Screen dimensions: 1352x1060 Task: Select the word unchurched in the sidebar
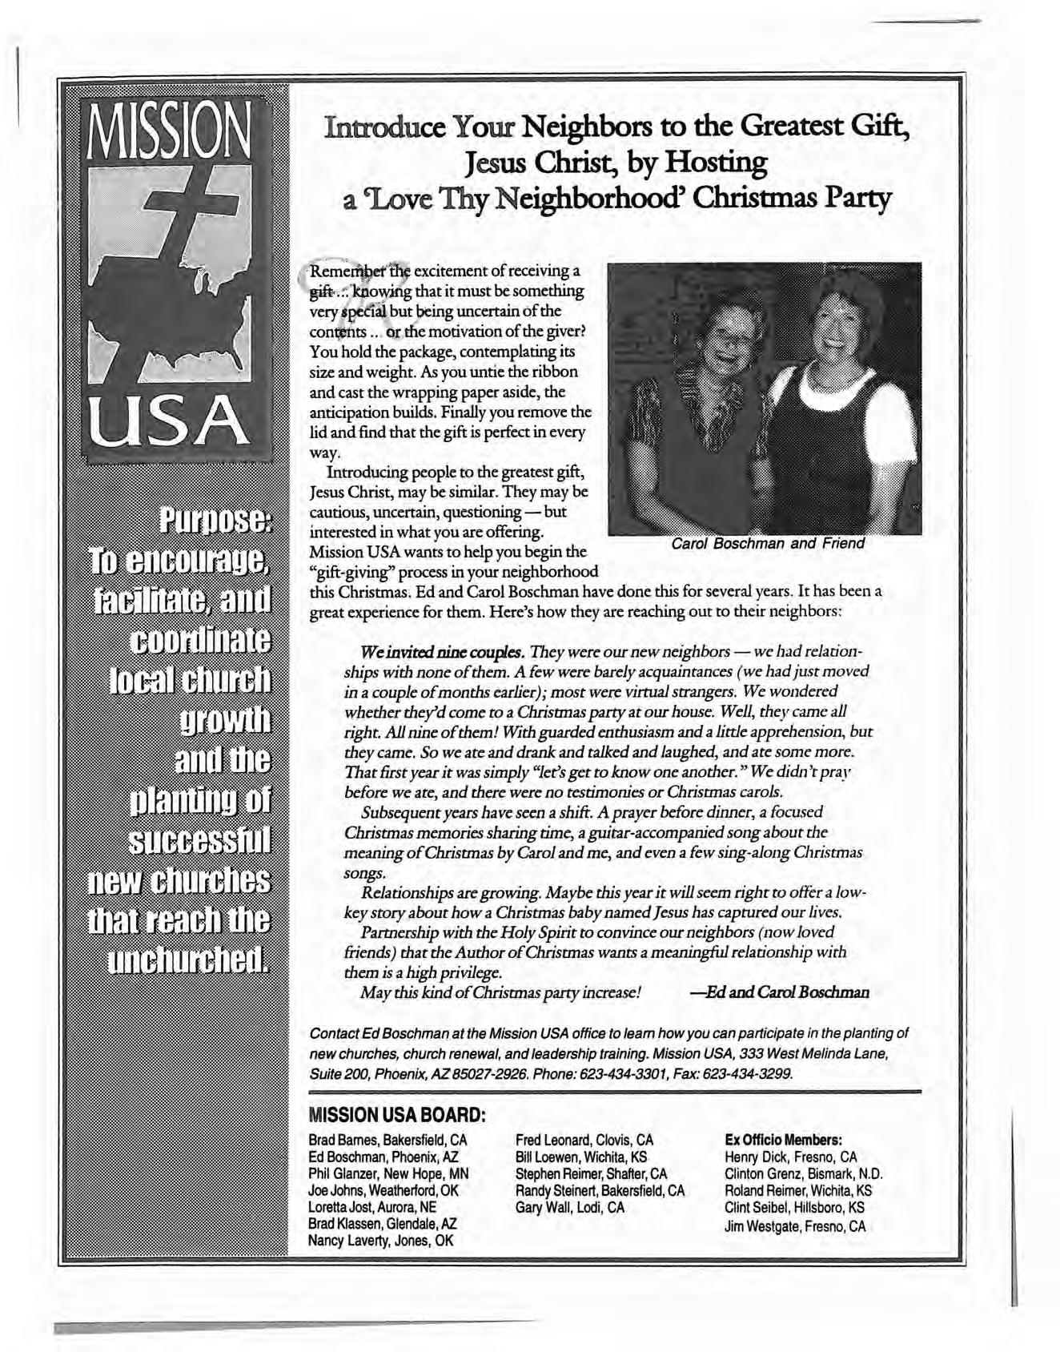coord(191,957)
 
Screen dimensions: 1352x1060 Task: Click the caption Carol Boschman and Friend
coord(768,544)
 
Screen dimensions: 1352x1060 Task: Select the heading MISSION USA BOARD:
coord(398,1114)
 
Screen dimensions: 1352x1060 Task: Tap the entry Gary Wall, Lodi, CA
coord(570,1207)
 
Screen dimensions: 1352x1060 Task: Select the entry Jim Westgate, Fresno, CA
coord(795,1226)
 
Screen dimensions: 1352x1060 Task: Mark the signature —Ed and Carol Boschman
coord(779,992)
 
